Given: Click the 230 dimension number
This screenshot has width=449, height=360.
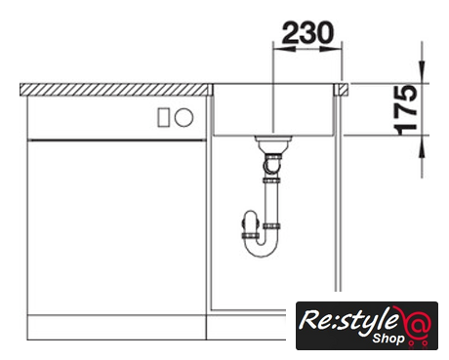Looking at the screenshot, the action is click(307, 33).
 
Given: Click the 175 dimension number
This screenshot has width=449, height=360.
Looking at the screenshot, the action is click(405, 110).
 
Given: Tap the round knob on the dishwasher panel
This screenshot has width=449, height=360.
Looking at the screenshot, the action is click(184, 117).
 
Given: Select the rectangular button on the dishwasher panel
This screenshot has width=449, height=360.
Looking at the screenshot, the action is click(164, 117).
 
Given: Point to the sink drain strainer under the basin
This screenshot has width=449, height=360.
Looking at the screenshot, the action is click(272, 142).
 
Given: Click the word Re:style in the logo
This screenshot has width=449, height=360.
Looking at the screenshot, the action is click(348, 320).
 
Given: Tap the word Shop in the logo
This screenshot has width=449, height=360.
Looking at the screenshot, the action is click(388, 339).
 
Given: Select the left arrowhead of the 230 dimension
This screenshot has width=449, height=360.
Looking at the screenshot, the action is click(285, 49).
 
